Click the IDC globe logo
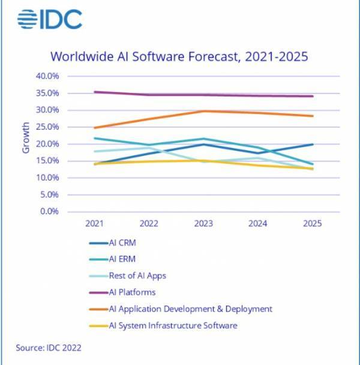coord(27,19)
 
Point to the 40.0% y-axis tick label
coord(47,76)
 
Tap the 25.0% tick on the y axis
coord(47,127)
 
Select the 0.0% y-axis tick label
coord(49,211)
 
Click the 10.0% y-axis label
coord(47,178)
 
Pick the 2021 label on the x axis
coord(94,223)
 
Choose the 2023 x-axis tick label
coord(203,223)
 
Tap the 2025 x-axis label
coord(312,223)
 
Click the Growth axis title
coord(26,138)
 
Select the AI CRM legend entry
coord(113,243)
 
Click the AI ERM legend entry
coord(112,259)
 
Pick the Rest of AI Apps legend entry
coord(128,276)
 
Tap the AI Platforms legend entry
coord(122,292)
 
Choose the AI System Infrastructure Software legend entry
coord(163,325)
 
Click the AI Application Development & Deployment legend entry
coord(181,309)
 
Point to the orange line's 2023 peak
coord(203,111)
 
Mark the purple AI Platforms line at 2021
coord(95,92)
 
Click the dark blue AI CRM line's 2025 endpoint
coord(312,145)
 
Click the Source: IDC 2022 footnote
coord(49,348)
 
